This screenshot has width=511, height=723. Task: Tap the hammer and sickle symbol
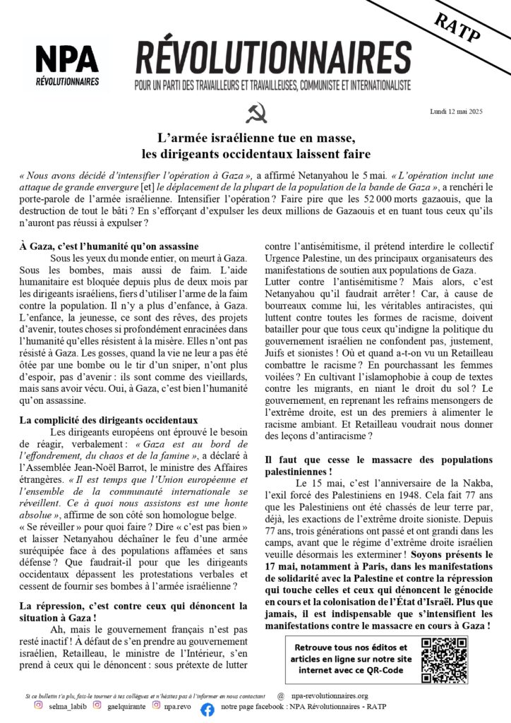[255, 113]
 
